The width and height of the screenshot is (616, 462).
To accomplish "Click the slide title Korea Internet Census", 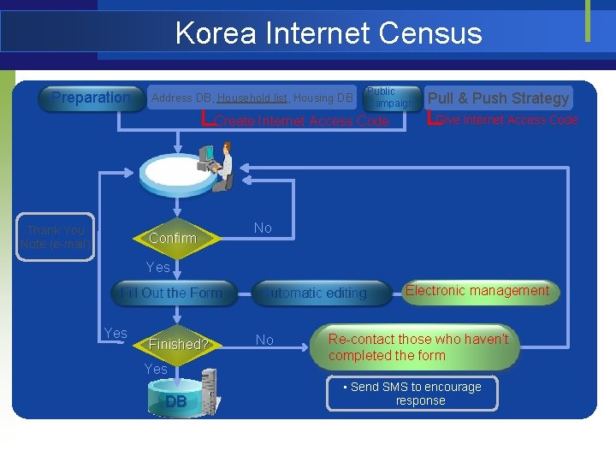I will (x=329, y=33).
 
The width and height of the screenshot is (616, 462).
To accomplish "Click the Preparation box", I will (x=90, y=98).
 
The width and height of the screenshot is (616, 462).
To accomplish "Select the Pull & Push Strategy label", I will (x=498, y=98).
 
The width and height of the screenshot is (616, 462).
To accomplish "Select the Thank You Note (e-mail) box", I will (x=56, y=237).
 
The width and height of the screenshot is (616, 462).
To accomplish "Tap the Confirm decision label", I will (x=172, y=238).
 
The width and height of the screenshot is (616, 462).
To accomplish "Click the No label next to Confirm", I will (x=263, y=228).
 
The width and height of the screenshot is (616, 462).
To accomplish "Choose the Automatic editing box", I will (x=317, y=293).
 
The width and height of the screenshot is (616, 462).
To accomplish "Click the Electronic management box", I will (x=477, y=291).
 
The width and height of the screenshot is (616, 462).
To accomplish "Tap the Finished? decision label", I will (x=178, y=344).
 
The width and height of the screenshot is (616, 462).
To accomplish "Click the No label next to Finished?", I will (x=265, y=340).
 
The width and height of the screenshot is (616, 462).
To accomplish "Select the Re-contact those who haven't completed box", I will (x=418, y=346).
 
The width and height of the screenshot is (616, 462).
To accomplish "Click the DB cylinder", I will (x=176, y=400).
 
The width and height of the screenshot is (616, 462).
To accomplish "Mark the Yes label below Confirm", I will (x=158, y=267).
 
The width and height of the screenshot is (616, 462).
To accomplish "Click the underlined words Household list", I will (x=252, y=98).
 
